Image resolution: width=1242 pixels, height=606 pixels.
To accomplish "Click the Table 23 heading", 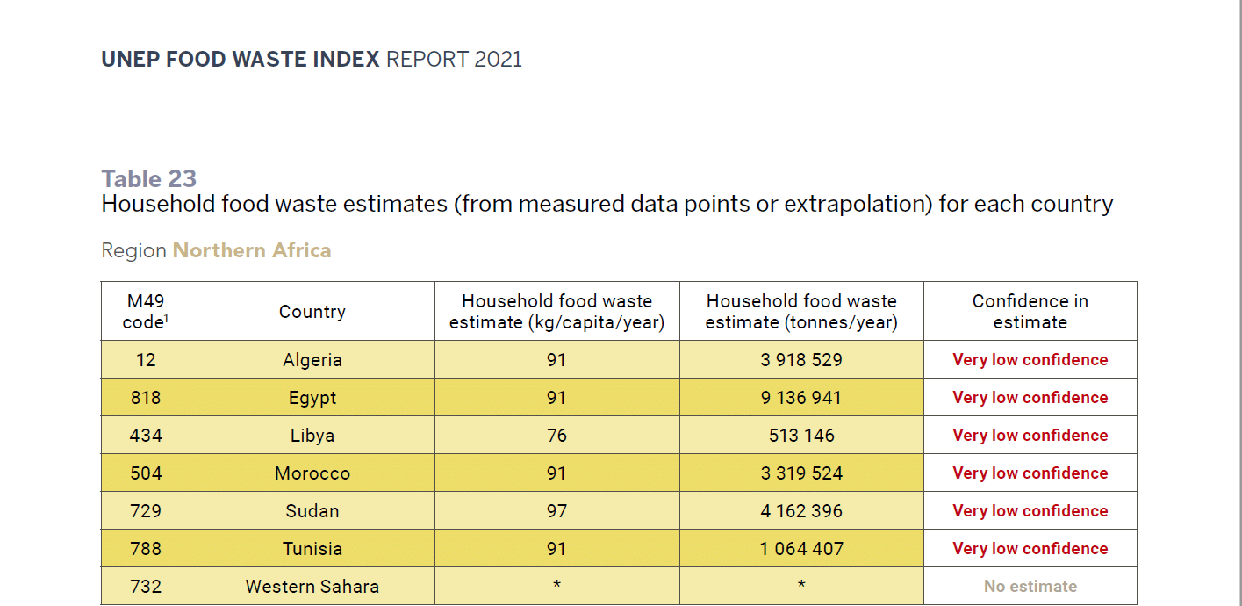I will tap(149, 179).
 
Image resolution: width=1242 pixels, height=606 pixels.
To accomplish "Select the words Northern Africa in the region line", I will tap(252, 250).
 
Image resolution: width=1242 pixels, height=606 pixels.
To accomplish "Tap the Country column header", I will tap(312, 312).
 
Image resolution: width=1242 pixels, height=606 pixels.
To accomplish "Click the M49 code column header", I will tap(146, 312).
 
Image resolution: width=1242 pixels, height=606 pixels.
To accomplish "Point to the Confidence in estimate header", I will tap(1030, 312).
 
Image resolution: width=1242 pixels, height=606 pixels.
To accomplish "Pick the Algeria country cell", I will tap(312, 360).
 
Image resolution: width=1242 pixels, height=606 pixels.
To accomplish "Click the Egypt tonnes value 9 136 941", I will tap(801, 398).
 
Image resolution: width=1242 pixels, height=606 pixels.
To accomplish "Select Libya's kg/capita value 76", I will tap(556, 436).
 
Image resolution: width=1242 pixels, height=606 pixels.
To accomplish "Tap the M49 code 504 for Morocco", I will tap(146, 473).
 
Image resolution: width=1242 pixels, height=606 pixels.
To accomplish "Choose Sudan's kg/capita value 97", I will tap(556, 511).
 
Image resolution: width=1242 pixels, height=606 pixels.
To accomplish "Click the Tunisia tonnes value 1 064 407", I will tap(801, 549).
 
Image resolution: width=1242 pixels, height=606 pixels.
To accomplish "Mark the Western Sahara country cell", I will tap(312, 587).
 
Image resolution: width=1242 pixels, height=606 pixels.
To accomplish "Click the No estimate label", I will tap(1030, 587).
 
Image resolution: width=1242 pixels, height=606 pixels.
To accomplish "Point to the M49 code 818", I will tap(146, 398).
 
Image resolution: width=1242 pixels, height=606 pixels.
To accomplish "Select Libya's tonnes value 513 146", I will tap(801, 436).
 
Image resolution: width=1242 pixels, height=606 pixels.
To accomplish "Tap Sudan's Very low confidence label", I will tap(1030, 511).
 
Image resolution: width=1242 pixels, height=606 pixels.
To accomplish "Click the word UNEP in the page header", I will tap(127, 60).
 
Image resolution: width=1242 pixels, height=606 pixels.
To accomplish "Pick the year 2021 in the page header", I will tap(498, 60).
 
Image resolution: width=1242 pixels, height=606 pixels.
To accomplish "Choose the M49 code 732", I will tap(146, 587).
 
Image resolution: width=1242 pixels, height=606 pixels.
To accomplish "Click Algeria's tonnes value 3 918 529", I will tap(801, 360).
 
